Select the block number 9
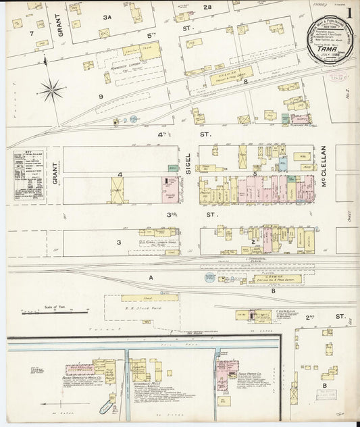pyautogui.click(x=100, y=97)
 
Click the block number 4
pyautogui.click(x=119, y=175)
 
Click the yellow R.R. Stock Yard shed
pyautogui.click(x=150, y=297)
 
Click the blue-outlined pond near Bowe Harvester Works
pyautogui.click(x=107, y=407)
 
